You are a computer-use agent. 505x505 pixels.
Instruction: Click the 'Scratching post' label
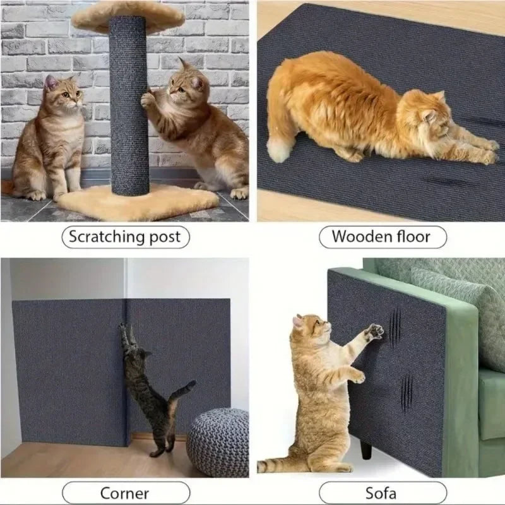(124, 237)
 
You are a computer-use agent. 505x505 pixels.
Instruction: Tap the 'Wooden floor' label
(381, 237)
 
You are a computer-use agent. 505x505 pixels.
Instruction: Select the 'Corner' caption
(124, 492)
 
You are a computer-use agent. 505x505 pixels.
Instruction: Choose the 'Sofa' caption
(381, 492)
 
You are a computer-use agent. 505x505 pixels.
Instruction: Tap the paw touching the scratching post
(148, 99)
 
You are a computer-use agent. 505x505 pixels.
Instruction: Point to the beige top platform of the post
(126, 16)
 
